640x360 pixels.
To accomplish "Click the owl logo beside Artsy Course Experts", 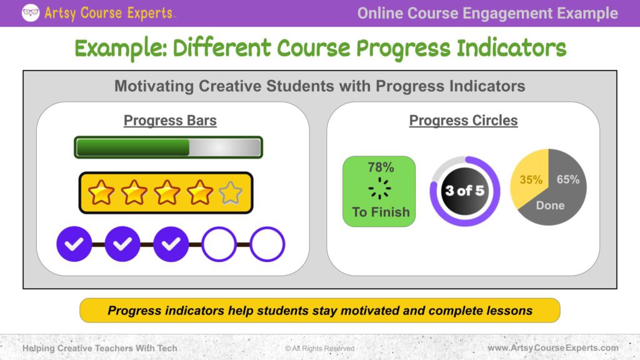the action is coord(31,12).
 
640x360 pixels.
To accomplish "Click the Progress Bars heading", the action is coord(170,121).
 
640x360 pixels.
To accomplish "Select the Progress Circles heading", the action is coord(463,121).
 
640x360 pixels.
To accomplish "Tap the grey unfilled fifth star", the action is coord(231,192).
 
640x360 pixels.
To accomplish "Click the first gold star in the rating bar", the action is coord(101,192).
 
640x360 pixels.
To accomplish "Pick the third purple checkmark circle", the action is coord(171,244).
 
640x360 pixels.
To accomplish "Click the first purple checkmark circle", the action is coord(74,244).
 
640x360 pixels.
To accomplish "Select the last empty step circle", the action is coord(267,244).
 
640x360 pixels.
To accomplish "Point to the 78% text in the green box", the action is coord(381,167).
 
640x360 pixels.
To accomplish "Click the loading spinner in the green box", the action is coord(379,188).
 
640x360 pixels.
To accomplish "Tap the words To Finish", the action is coord(381,212).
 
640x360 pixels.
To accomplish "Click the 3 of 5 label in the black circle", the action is coord(465,191).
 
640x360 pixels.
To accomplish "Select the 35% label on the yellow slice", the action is coord(531,179).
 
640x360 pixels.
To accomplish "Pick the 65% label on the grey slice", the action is coord(568,179).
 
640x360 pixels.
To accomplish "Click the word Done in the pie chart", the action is coord(550,205).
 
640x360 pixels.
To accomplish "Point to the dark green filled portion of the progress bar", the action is coord(133,147).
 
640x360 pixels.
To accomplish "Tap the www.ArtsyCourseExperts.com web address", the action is coord(553,347).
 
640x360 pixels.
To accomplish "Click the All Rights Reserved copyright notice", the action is coord(319,348).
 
